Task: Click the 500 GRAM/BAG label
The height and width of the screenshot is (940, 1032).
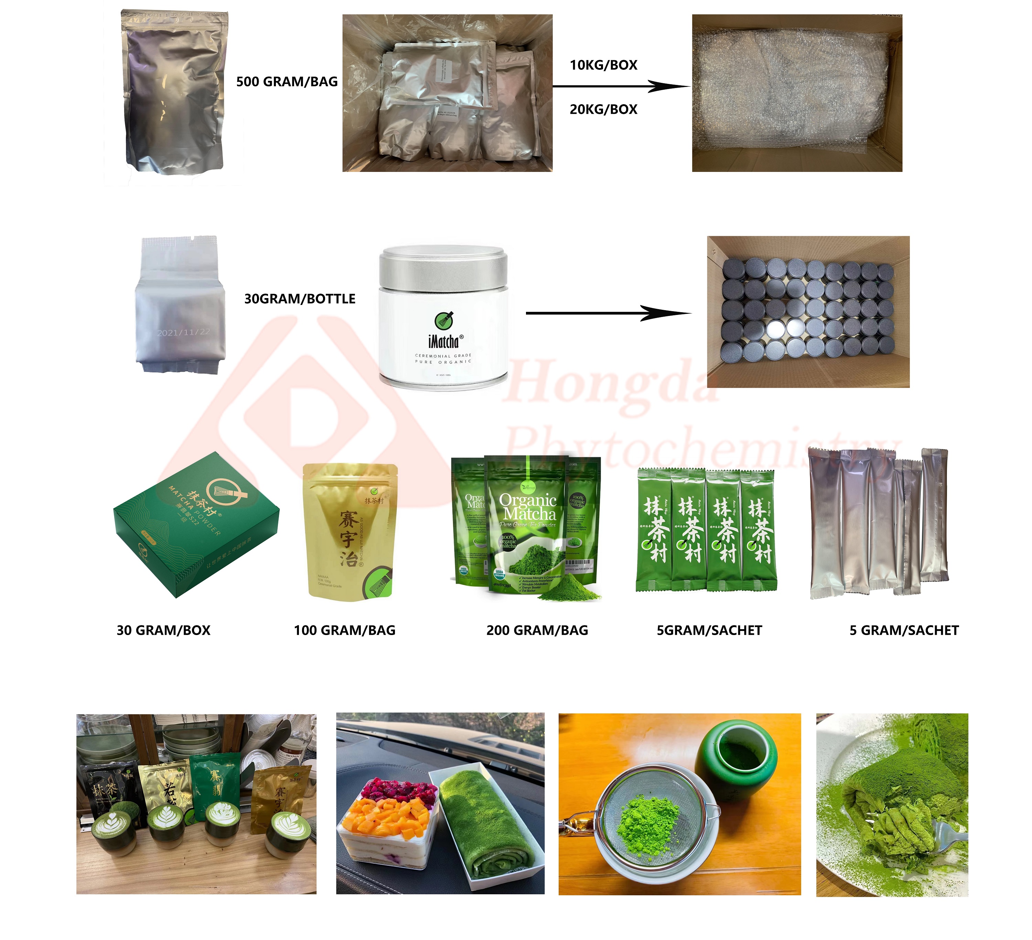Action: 287,82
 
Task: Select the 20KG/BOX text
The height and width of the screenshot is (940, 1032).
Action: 603,109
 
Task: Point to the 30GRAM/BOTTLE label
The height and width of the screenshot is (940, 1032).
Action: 300,299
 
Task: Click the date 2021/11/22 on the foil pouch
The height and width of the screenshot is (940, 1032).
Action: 183,332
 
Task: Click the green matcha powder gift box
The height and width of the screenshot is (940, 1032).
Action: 196,525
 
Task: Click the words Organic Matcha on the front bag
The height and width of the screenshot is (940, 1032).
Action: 528,506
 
